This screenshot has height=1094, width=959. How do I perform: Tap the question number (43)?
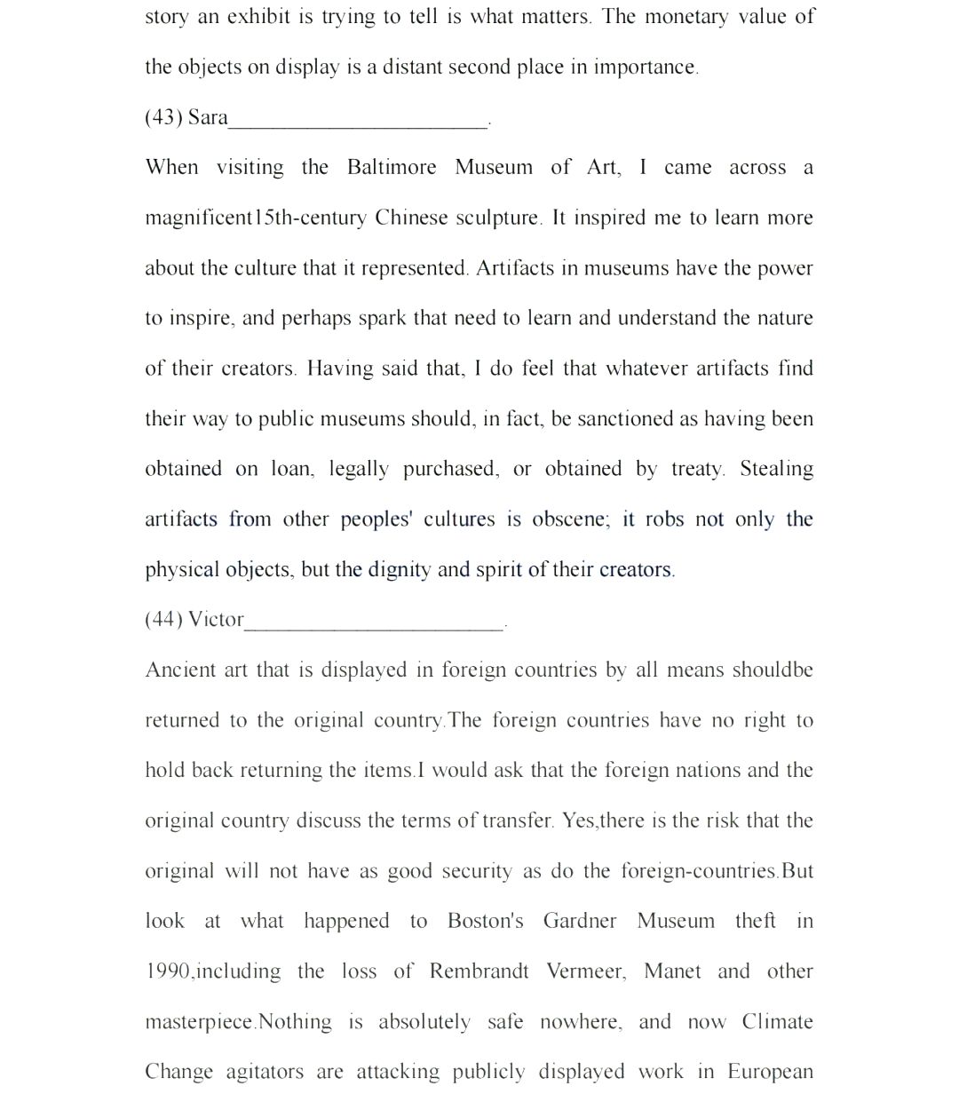[x=163, y=117]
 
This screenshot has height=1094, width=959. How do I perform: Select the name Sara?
[x=208, y=117]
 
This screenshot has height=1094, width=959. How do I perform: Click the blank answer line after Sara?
[x=358, y=124]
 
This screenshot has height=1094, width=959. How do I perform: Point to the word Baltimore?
[x=391, y=167]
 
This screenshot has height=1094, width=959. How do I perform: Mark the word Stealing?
[x=776, y=469]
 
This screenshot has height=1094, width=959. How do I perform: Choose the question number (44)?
[x=163, y=619]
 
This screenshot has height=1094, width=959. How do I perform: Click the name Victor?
[x=216, y=619]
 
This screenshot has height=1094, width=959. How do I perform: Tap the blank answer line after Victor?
[x=374, y=626]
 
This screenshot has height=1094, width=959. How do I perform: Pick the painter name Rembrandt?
[x=479, y=971]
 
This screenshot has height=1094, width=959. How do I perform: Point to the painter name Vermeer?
[x=586, y=971]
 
